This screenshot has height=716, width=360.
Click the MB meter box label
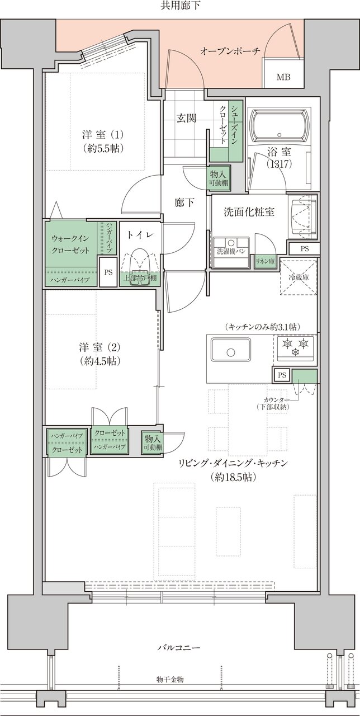pyautogui.click(x=283, y=77)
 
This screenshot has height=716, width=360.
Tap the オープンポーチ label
pyautogui.click(x=230, y=51)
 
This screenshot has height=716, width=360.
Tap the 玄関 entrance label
pyautogui.click(x=186, y=118)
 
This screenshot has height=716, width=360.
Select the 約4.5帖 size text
pyautogui.click(x=101, y=360)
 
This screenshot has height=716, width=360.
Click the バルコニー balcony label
pyautogui.click(x=179, y=647)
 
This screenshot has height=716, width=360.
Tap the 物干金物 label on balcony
pyautogui.click(x=170, y=679)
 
